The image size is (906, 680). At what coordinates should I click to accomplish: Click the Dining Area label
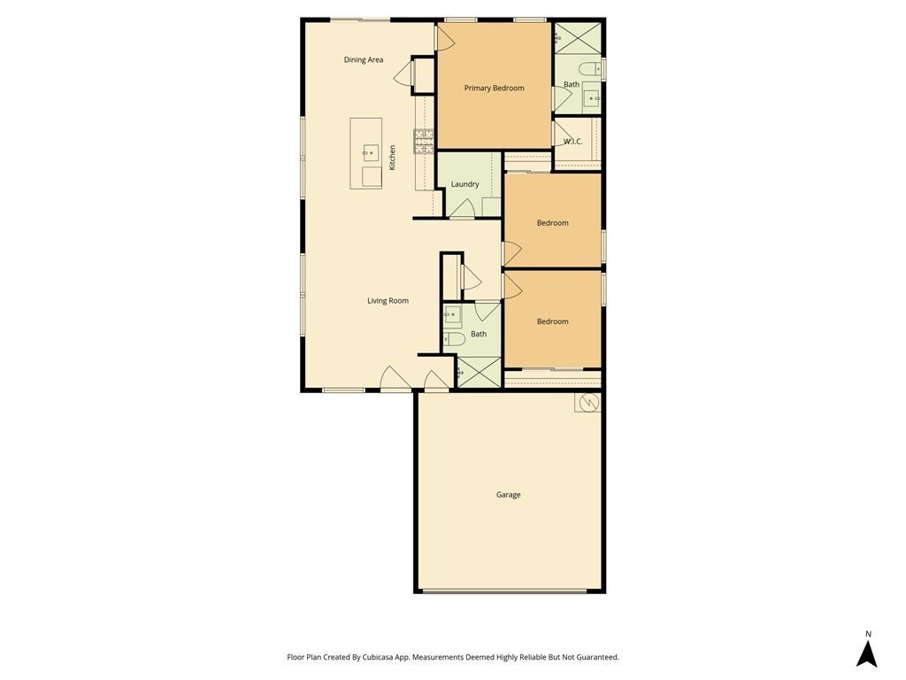point(364,59)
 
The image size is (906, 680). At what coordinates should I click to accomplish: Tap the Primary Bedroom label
point(494,88)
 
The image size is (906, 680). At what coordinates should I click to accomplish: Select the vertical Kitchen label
point(392,158)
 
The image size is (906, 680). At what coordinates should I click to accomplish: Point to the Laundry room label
point(465,184)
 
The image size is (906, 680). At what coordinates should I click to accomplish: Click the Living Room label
point(388,301)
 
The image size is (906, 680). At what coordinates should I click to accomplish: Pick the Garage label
point(509,494)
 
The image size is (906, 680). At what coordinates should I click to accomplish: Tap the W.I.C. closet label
point(572,142)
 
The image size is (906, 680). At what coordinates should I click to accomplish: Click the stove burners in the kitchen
point(424,142)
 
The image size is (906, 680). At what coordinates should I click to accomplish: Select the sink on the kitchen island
point(371,152)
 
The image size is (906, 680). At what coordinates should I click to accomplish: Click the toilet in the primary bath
point(589,69)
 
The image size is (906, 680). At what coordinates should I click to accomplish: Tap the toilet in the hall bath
point(454,339)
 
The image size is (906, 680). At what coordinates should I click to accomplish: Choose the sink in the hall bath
point(452,316)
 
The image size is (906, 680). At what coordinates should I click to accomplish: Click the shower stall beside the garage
point(479,372)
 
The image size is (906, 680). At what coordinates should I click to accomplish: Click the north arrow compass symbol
point(867,653)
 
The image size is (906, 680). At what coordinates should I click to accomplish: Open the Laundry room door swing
point(462,209)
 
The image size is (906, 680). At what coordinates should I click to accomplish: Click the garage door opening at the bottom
point(504,591)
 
